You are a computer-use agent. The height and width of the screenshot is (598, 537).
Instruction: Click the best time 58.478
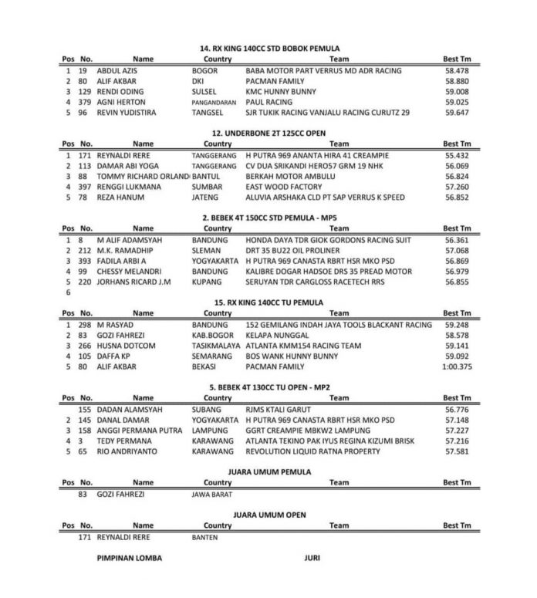457,70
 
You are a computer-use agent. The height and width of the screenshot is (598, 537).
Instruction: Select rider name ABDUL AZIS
117,70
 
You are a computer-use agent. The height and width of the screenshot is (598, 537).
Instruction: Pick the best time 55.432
457,155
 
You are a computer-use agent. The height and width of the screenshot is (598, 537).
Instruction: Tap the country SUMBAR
206,186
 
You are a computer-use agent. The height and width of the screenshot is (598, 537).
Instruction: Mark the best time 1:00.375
455,367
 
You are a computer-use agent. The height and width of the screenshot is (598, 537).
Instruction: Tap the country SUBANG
205,410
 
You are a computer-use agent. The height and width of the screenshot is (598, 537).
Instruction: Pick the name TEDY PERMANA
124,441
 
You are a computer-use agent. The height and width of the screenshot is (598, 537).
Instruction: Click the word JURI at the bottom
312,557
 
